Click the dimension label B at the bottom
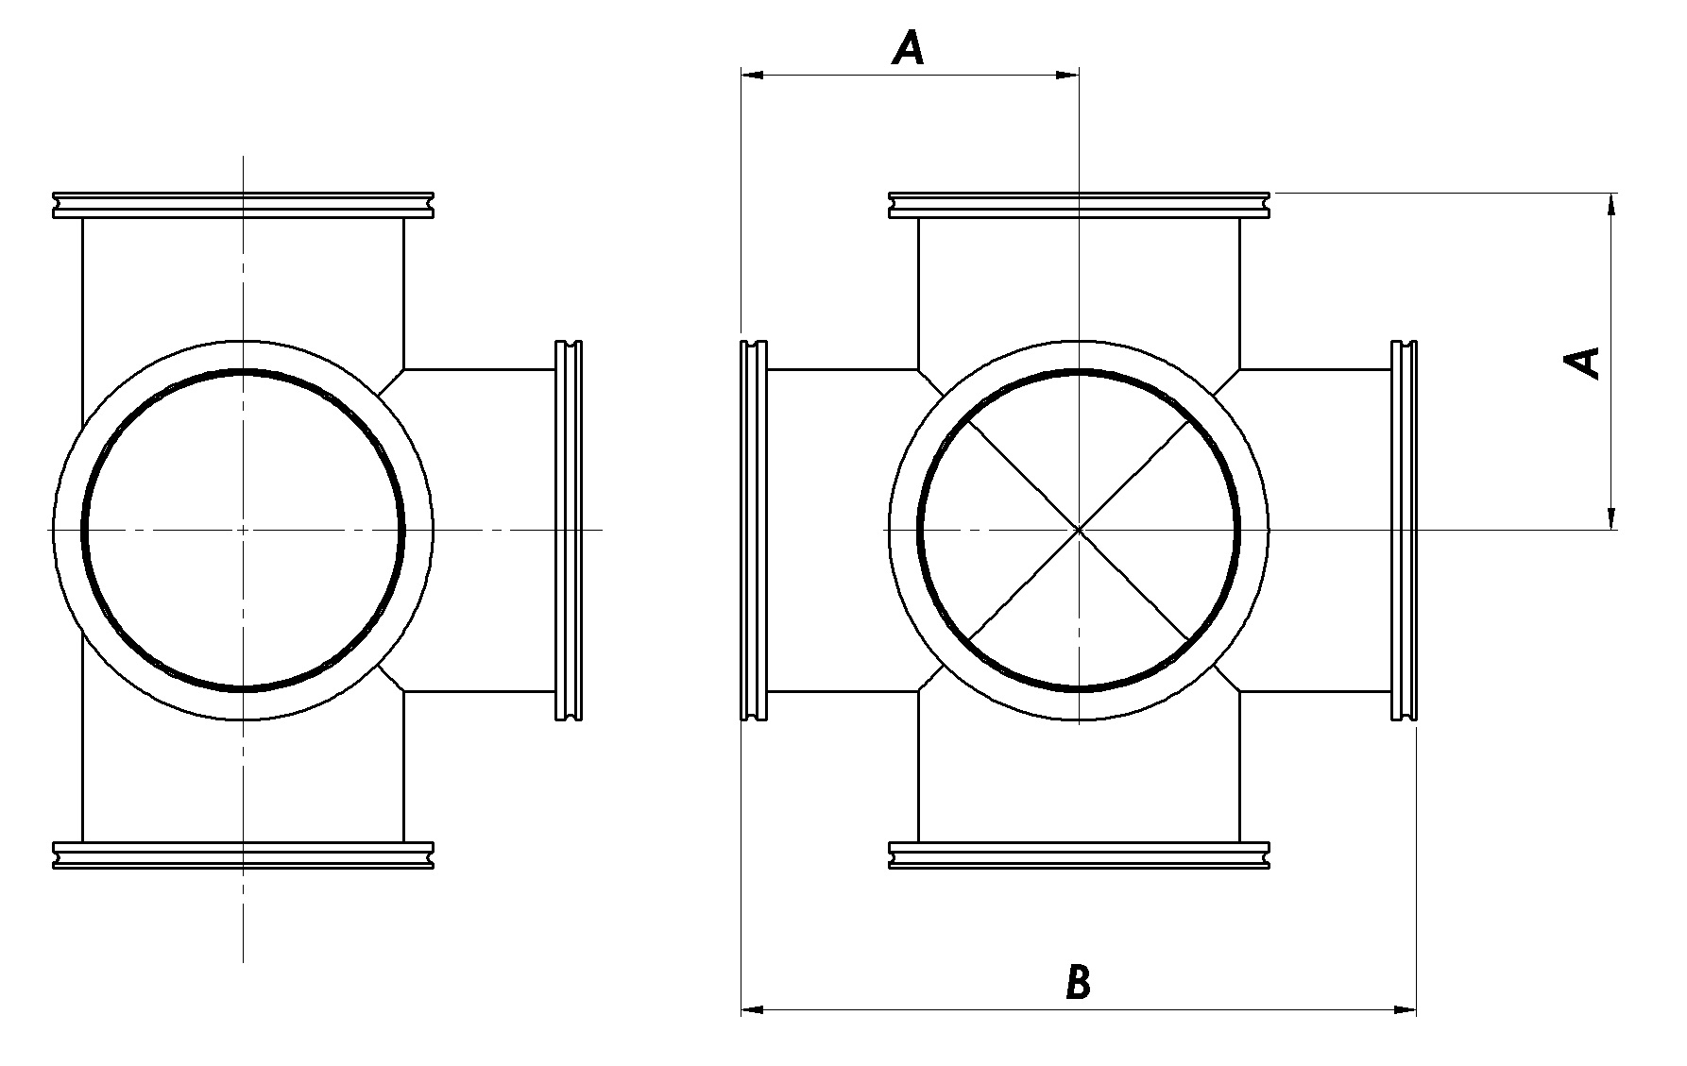pyautogui.click(x=1078, y=982)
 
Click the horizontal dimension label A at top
pyautogui.click(x=909, y=47)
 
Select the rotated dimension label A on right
pyautogui.click(x=1583, y=363)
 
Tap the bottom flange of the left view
pyautogui.click(x=244, y=854)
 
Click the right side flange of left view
pyautogui.click(x=568, y=531)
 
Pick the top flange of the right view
pyautogui.click(x=1079, y=205)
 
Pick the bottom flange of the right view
pyautogui.click(x=1079, y=854)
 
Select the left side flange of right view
pyautogui.click(x=753, y=531)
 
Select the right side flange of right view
pyautogui.click(x=1405, y=531)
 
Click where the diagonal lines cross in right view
pyautogui.click(x=1079, y=530)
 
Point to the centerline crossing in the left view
pyautogui.click(x=244, y=530)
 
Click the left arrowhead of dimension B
pyautogui.click(x=752, y=1010)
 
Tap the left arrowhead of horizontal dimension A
pyautogui.click(x=752, y=74)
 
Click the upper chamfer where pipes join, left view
pyautogui.click(x=391, y=381)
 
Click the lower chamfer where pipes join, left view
pyautogui.click(x=391, y=678)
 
